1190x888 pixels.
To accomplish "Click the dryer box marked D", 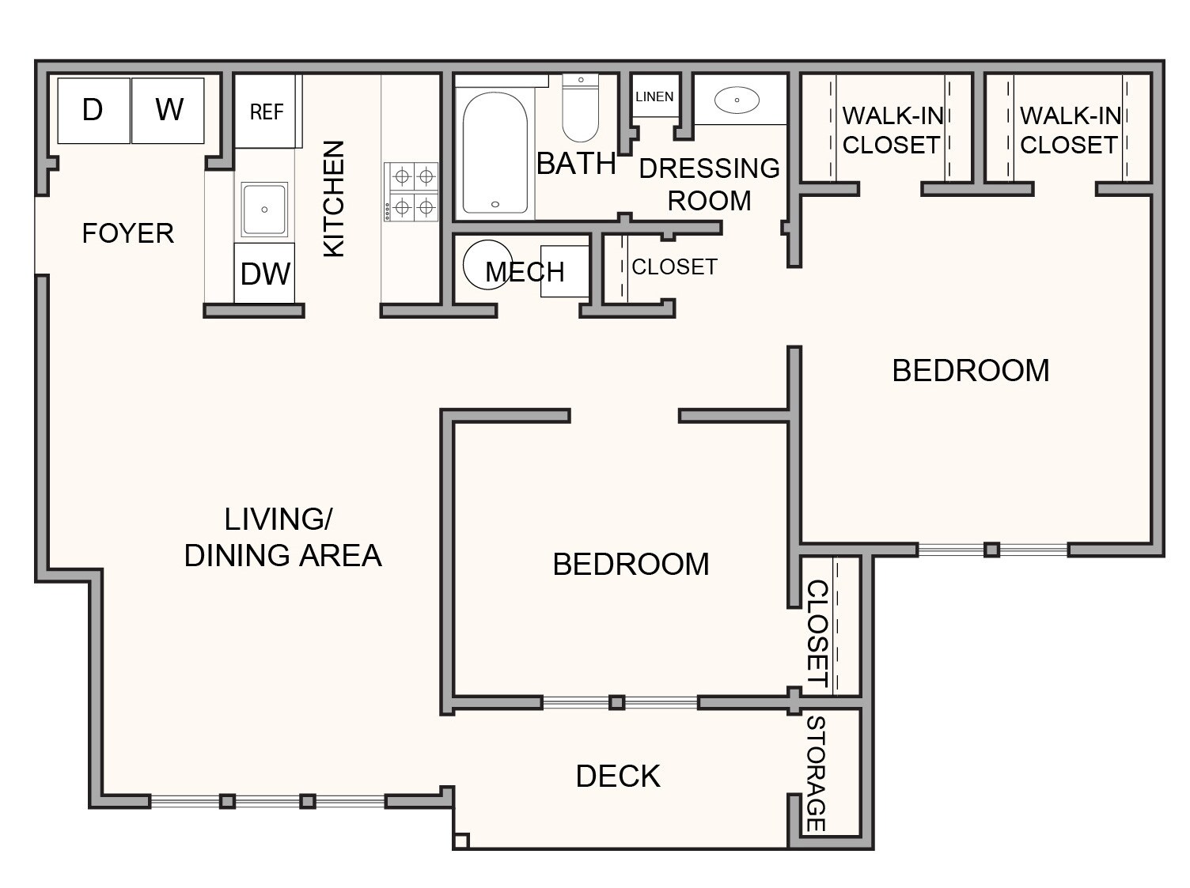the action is [x=94, y=111].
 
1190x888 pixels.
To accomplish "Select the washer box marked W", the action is [x=168, y=111].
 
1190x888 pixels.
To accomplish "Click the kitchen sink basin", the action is [x=264, y=209].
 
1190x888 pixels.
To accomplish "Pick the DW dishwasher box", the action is [x=264, y=273].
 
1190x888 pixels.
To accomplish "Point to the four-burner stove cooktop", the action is [x=411, y=192].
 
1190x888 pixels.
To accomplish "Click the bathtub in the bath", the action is [x=495, y=153].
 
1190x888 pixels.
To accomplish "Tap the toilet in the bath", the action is [x=580, y=108].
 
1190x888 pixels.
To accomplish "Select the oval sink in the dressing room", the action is [x=737, y=100].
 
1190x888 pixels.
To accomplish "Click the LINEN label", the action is [x=654, y=96].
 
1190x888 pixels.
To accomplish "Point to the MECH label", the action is [x=525, y=271].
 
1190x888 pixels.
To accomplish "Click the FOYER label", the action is [x=128, y=233].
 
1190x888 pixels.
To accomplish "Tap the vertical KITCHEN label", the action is [x=334, y=198].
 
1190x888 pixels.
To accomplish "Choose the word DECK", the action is [x=618, y=777].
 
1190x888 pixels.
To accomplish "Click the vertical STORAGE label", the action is [x=817, y=773].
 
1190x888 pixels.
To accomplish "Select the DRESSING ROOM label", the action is [x=709, y=184].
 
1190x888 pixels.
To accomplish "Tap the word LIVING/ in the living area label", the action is [x=279, y=519].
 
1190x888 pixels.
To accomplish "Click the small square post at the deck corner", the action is [x=461, y=841].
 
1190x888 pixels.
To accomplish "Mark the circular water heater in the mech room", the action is [x=487, y=264].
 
